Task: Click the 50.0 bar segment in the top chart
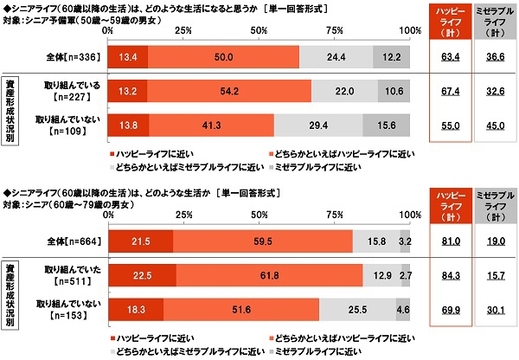(x=223, y=58)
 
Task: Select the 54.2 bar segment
(x=230, y=91)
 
